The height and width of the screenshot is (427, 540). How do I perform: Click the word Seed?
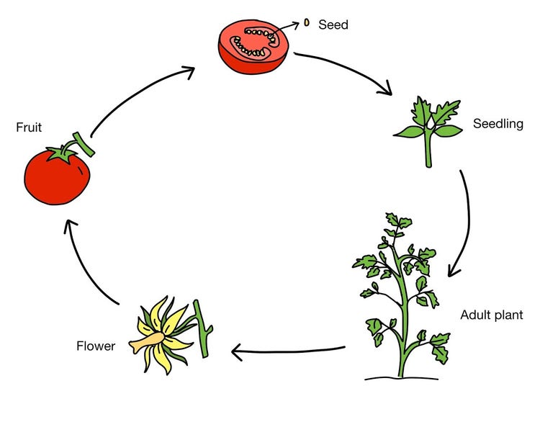coord(333,25)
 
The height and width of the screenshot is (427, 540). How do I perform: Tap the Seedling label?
coord(498,124)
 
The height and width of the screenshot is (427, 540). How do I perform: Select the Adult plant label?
coord(491,315)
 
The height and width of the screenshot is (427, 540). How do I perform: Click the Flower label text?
coord(96,346)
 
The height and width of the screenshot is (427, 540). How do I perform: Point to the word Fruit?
coord(29,127)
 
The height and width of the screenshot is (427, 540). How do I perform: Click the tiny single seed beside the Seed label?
coord(307,22)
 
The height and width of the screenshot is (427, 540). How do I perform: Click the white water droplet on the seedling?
coord(429,123)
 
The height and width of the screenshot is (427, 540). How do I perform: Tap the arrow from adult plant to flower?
coord(288,351)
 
